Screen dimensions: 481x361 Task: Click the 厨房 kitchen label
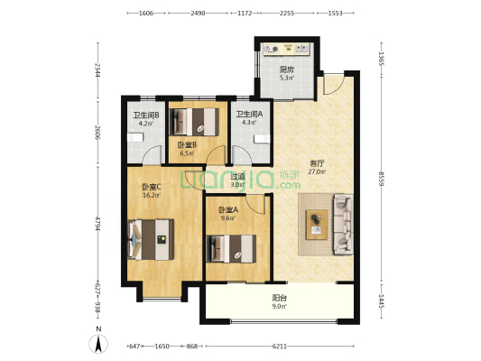pyautogui.click(x=286, y=69)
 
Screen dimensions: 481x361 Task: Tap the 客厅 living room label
pyautogui.click(x=317, y=163)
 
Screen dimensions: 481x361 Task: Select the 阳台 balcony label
pyautogui.click(x=280, y=298)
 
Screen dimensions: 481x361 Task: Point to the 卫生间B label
pyautogui.click(x=145, y=116)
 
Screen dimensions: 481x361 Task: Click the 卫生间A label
pyautogui.click(x=249, y=114)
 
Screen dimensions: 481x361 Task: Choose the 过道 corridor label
pyautogui.click(x=237, y=177)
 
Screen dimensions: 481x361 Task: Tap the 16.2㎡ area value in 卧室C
pyautogui.click(x=152, y=195)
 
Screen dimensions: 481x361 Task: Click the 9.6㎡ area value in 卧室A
pyautogui.click(x=228, y=218)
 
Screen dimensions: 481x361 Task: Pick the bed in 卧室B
pyautogui.click(x=195, y=122)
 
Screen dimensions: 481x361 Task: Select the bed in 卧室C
pyautogui.click(x=151, y=239)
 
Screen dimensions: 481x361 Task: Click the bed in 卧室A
pyautogui.click(x=231, y=249)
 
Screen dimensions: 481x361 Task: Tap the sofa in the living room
pyautogui.click(x=343, y=224)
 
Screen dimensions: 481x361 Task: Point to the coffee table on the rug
pyautogui.click(x=317, y=225)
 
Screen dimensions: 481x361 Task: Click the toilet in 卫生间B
pyautogui.click(x=135, y=137)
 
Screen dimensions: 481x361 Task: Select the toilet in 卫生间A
pyautogui.click(x=262, y=139)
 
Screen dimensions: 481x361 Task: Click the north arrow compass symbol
pyautogui.click(x=98, y=344)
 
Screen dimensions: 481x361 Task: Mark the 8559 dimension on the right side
pyautogui.click(x=382, y=179)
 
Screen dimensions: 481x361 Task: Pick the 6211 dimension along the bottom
pyautogui.click(x=280, y=347)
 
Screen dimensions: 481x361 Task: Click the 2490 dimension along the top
pyautogui.click(x=198, y=14)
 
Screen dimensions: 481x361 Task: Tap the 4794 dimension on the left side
pyautogui.click(x=97, y=224)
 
